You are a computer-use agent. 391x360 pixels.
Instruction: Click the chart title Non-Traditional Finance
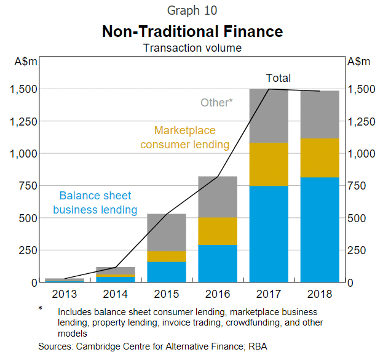pos(192,31)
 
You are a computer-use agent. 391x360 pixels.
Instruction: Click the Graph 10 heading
pos(192,10)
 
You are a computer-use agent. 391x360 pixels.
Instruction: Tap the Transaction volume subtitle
pos(192,47)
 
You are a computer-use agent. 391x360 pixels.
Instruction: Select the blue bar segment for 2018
pos(320,230)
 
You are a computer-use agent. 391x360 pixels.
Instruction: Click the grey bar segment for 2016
pos(218,197)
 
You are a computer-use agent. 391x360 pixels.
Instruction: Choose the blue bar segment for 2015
pos(167,271)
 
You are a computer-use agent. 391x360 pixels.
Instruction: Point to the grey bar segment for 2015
pos(167,232)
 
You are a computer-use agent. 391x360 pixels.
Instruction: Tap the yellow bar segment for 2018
pos(320,158)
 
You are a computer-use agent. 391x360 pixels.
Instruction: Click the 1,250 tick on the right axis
pos(363,121)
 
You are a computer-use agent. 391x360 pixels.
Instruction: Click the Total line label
pos(278,78)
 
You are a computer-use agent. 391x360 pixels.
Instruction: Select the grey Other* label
pos(216,103)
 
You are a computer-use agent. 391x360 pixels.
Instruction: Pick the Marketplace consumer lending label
pos(184,138)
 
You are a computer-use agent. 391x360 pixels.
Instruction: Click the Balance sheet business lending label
pos(95,202)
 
